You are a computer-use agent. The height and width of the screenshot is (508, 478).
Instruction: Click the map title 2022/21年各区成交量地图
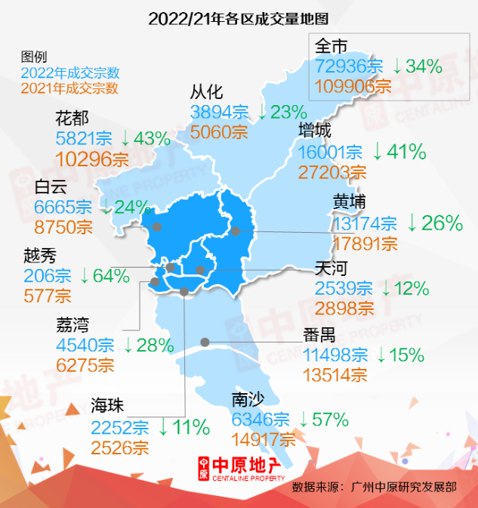(239, 17)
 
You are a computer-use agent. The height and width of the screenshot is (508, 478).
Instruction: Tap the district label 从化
(206, 93)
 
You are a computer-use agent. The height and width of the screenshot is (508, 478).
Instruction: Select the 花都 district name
(73, 118)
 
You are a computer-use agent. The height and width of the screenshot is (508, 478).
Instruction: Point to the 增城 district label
(315, 131)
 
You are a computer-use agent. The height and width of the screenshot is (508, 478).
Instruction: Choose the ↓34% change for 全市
(417, 67)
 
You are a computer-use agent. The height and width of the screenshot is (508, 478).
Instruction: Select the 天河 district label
(331, 268)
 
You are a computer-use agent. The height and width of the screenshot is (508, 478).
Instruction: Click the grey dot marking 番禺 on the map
(205, 342)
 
